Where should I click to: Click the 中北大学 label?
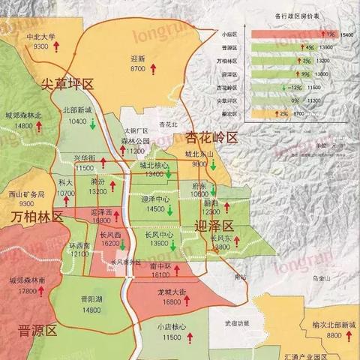pos(37,35)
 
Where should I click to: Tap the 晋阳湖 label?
pos(91,298)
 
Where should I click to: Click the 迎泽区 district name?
pos(214,226)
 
